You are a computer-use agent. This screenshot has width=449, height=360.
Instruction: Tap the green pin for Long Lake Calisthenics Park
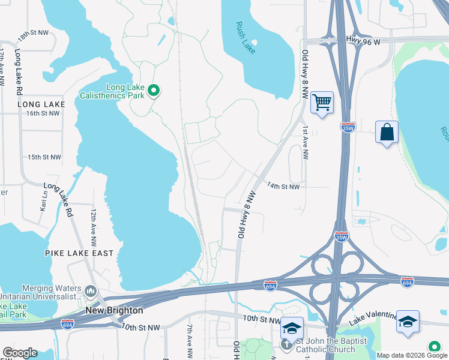154,91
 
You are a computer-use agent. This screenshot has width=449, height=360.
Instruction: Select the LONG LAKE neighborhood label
41,104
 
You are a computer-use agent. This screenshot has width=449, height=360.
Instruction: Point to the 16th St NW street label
44,113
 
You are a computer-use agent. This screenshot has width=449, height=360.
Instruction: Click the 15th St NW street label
44,157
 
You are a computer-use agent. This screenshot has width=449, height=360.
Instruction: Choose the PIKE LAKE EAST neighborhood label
79,253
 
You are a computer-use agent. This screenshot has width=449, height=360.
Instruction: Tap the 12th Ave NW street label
94,229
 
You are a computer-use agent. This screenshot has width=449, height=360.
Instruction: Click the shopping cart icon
322,103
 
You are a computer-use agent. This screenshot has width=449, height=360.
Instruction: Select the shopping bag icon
387,132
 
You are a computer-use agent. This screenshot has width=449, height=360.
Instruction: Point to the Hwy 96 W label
365,40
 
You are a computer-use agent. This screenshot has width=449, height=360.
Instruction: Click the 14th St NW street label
283,187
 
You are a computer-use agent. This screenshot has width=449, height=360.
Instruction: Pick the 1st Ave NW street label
306,143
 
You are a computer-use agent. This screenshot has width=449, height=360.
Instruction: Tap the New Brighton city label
114,310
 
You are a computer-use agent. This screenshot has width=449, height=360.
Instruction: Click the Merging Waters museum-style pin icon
90,291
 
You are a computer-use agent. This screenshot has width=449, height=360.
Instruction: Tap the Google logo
20,353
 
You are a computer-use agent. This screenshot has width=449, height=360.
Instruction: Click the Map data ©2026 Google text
412,355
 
